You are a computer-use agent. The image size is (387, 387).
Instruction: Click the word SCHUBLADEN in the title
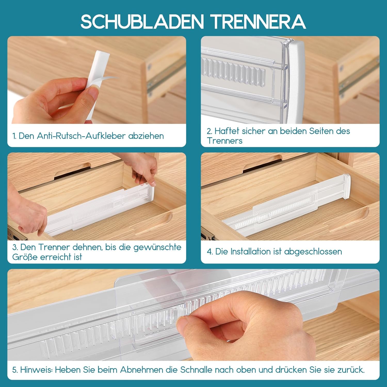point(142,22)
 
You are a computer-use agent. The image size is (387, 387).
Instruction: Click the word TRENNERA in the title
point(259,22)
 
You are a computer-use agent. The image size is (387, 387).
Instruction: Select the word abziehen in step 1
point(146,136)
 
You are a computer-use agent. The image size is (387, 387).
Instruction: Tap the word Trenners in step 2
point(225,141)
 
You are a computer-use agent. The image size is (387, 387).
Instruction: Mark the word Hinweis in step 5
point(36,370)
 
